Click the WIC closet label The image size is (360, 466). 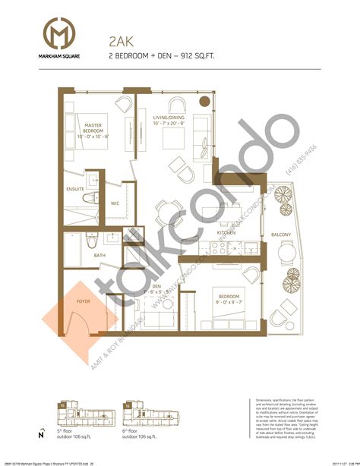115,203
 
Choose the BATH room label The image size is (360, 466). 99,256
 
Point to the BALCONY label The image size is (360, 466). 281,235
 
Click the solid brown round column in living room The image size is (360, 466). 203,102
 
